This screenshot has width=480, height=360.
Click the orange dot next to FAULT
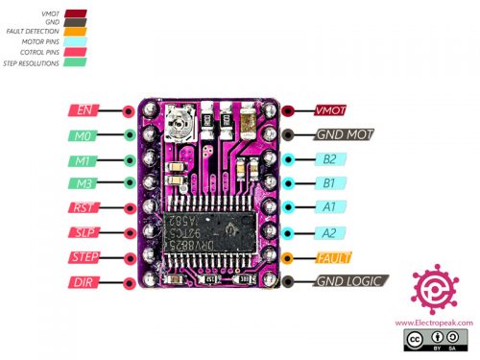(287, 256)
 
